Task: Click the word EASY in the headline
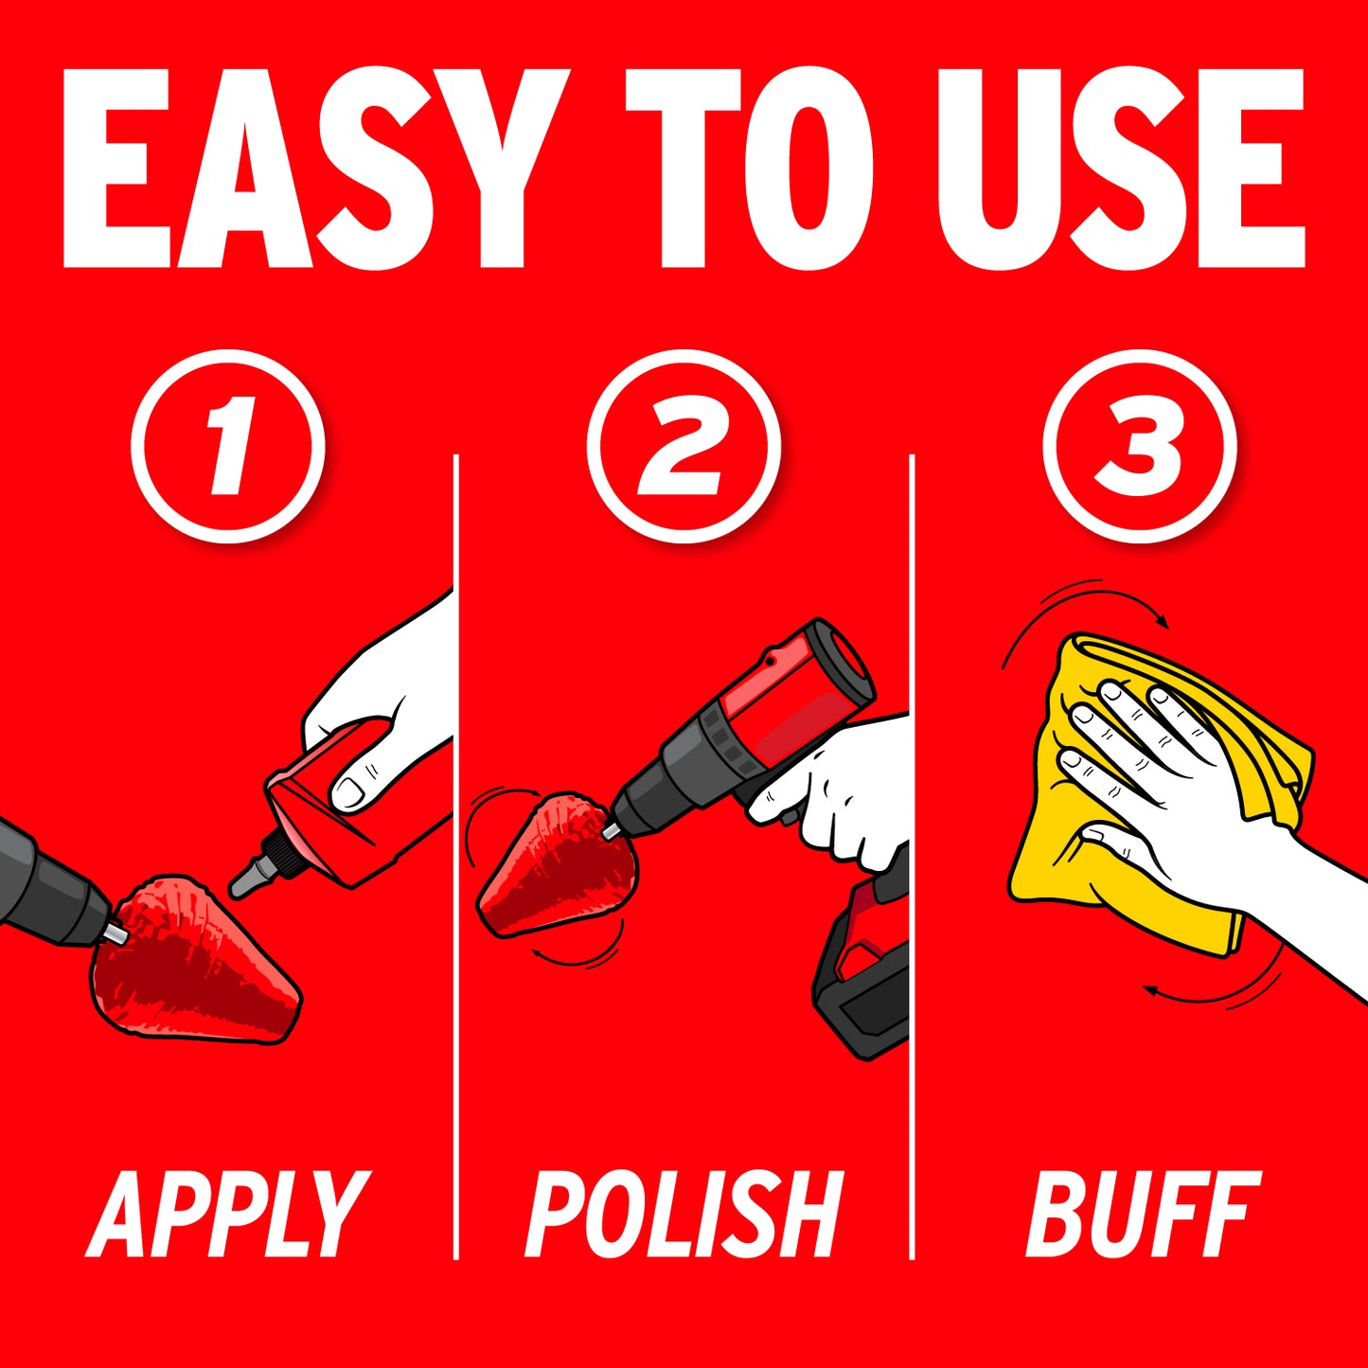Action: pyautogui.click(x=316, y=169)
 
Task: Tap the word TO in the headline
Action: pyautogui.click(x=748, y=169)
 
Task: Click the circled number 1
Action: pyautogui.click(x=228, y=446)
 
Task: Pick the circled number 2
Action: pyautogui.click(x=684, y=446)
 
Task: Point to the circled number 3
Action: pyautogui.click(x=1140, y=446)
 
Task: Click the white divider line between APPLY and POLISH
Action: pyautogui.click(x=455, y=857)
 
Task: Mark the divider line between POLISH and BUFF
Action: pyautogui.click(x=912, y=857)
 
